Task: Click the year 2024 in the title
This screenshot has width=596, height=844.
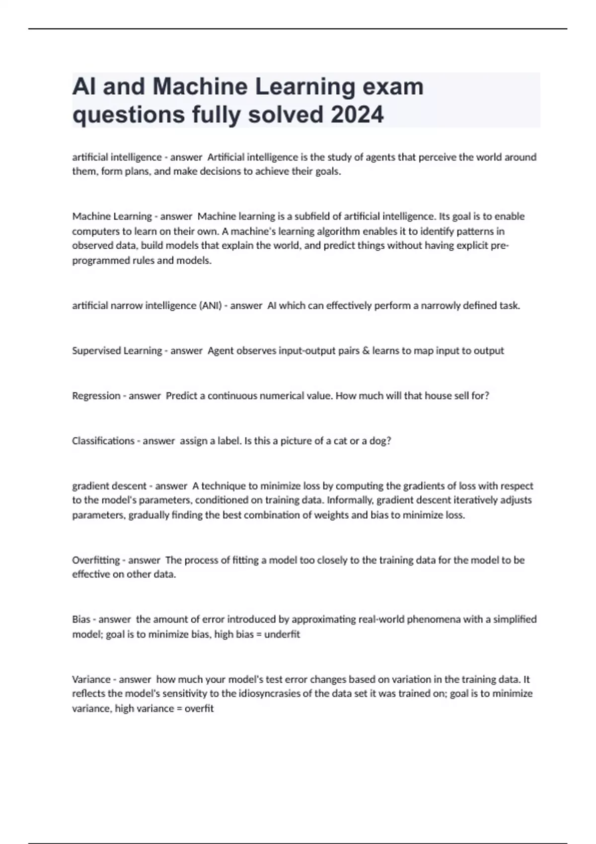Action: point(357,115)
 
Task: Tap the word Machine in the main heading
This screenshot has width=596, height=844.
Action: point(200,86)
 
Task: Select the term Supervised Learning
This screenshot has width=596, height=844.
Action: point(117,351)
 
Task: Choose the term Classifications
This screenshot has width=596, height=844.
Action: point(103,441)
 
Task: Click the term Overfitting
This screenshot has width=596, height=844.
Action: point(96,560)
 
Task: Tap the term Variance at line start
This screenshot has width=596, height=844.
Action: point(91,679)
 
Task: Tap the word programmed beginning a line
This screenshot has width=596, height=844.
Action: point(98,261)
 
